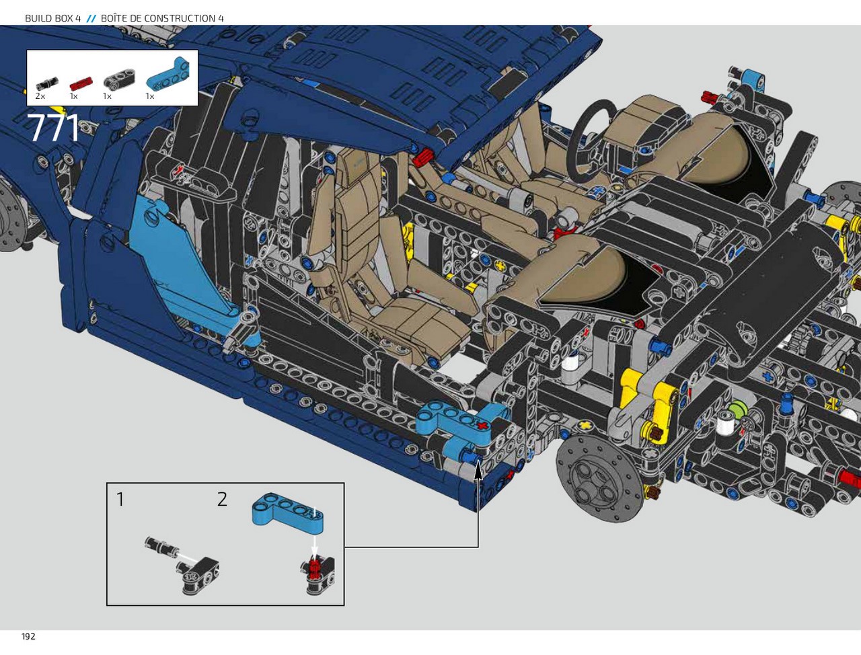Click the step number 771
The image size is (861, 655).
(54, 128)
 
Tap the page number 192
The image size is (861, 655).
(29, 636)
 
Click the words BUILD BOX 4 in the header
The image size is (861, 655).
(52, 18)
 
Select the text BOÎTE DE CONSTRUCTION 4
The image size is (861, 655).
(162, 18)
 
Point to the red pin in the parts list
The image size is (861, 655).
(81, 83)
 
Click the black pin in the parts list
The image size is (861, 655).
(47, 84)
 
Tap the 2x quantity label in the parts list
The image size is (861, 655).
(40, 96)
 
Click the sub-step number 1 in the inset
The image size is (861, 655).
(120, 500)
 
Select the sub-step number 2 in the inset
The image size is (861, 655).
(222, 500)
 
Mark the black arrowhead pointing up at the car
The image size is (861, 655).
(478, 471)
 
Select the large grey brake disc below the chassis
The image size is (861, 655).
(600, 476)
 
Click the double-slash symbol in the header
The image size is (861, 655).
(91, 18)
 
